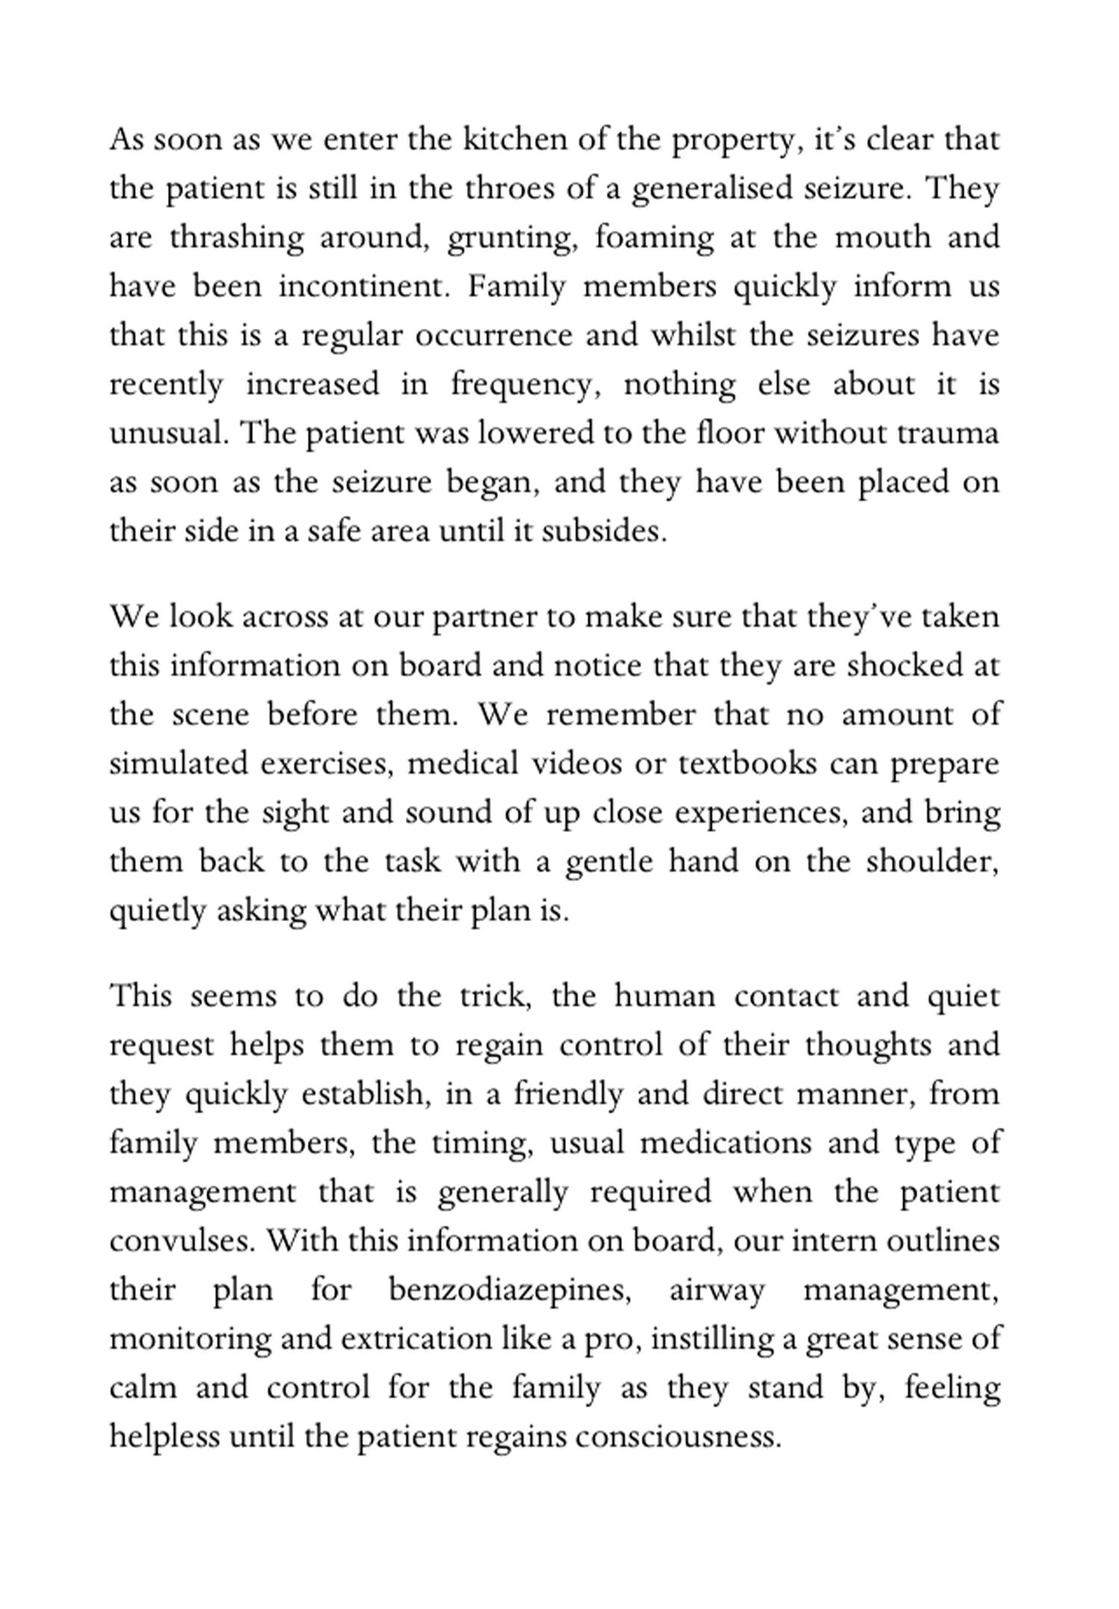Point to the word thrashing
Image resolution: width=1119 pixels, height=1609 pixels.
[x=236, y=238]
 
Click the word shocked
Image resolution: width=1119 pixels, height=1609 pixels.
[x=904, y=665]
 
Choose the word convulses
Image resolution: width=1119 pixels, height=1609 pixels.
[x=183, y=1241]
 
